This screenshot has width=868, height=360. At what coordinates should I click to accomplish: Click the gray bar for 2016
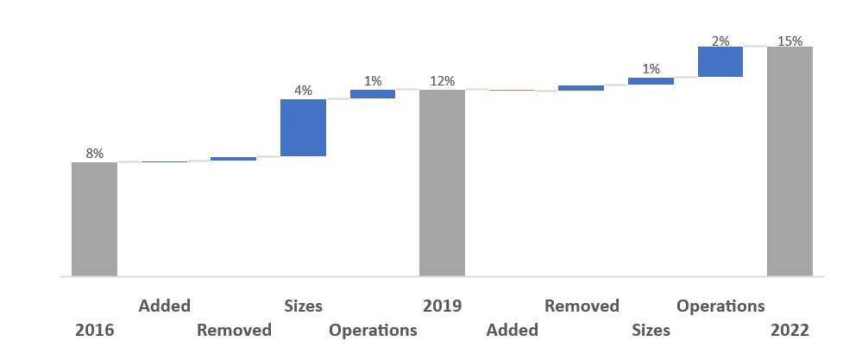pos(94,218)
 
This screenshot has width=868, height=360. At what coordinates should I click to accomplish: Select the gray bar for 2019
pos(442,183)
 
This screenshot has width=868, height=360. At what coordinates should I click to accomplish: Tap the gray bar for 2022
pos(789,161)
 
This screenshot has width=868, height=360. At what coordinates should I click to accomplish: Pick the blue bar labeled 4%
pos(303,128)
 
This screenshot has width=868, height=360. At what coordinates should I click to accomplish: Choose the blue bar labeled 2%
pos(720,61)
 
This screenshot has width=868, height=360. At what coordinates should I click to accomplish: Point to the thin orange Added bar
pos(512,90)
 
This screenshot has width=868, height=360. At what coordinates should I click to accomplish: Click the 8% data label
pos(95,154)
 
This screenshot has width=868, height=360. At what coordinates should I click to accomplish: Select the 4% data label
pos(304,91)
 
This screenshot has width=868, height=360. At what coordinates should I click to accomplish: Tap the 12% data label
pos(443,81)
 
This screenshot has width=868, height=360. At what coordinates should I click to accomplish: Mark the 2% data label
pos(720,41)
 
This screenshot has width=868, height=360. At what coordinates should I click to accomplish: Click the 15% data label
pos(789,41)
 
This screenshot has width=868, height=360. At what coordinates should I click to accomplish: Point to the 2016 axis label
pos(95,330)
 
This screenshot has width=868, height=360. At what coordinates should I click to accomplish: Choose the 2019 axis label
pos(443,306)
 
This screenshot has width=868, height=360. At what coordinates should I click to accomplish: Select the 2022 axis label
pos(790,330)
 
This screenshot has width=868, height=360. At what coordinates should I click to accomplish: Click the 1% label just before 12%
pos(373,81)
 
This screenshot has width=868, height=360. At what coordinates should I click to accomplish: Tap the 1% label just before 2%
pos(651,69)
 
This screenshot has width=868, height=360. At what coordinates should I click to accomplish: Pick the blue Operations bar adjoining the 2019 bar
pos(373,94)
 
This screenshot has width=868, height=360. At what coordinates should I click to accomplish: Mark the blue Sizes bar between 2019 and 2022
pos(651,81)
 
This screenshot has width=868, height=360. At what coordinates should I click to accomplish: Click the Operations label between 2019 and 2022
pos(720,306)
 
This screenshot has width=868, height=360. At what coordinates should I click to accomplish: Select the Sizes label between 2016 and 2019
pos(304,306)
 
